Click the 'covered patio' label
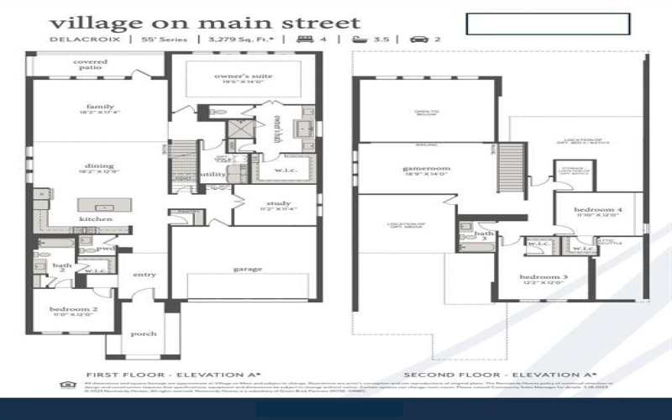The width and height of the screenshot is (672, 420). click(x=90, y=66)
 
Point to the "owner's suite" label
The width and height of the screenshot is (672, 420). click(x=244, y=76)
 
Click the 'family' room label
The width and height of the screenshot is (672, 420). click(x=99, y=108)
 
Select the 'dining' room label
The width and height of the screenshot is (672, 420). click(x=99, y=166)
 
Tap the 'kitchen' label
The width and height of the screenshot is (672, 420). click(x=95, y=219)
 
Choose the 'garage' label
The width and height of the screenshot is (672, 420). click(x=249, y=269)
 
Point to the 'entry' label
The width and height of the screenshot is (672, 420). click(x=144, y=275)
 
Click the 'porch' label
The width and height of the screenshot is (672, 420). click(x=144, y=333)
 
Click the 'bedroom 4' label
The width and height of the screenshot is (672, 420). click(x=598, y=209)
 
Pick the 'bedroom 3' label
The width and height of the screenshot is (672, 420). click(x=543, y=277)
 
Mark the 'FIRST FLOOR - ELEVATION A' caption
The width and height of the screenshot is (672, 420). click(x=174, y=374)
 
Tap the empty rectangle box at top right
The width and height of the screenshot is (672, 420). click(x=548, y=24)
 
